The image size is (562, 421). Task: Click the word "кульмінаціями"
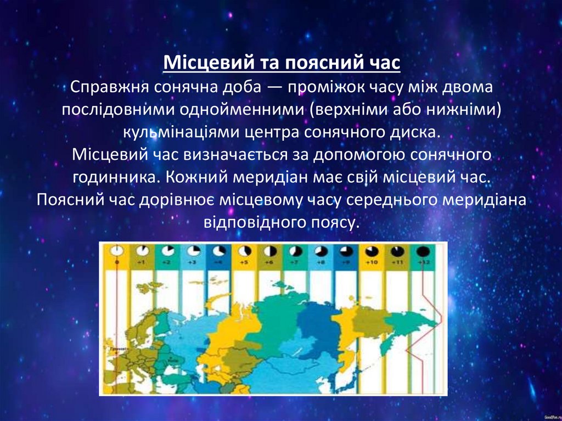coord(176,132)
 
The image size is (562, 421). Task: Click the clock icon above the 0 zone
coord(116,251)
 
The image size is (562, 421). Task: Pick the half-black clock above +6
coord(269,251)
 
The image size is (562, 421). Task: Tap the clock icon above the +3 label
coord(193,251)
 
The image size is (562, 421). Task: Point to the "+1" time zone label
coord(142,263)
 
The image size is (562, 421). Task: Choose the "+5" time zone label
coord(244,263)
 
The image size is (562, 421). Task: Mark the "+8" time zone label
coord(321,263)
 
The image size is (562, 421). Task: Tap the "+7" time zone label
coord(295,263)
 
